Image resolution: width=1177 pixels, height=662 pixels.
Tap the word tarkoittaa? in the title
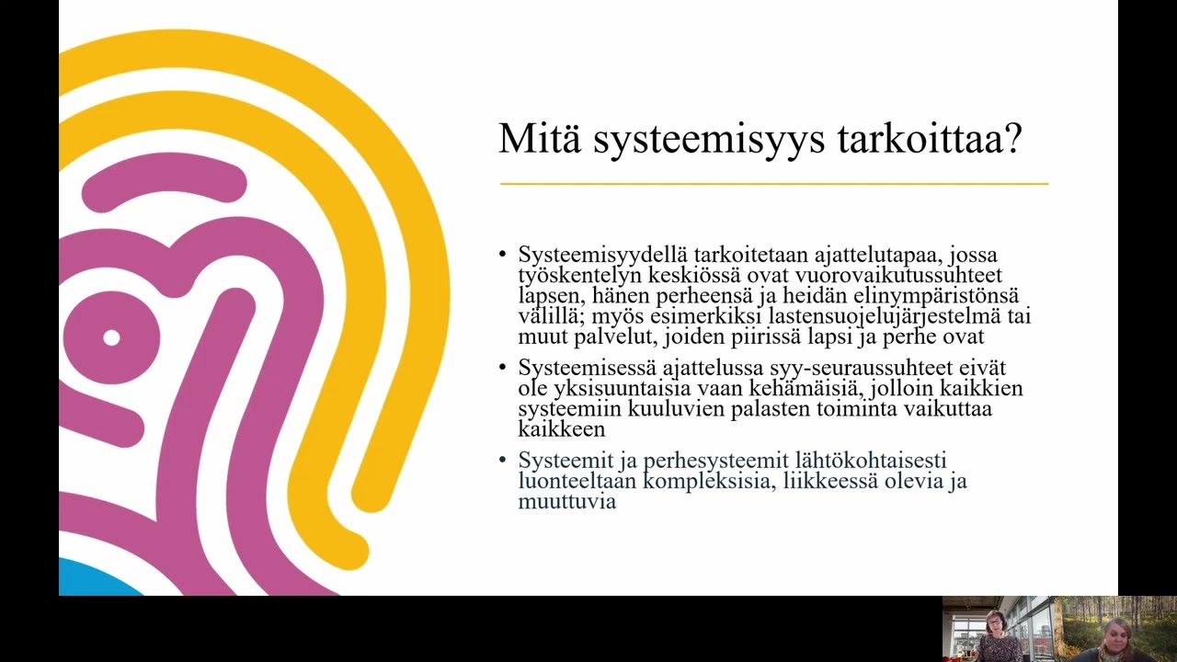point(930,139)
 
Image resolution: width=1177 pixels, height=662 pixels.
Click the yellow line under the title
point(773,184)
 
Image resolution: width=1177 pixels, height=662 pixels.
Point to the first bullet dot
point(502,255)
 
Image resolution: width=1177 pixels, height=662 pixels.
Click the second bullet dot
point(502,368)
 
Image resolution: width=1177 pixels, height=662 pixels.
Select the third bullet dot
point(502,460)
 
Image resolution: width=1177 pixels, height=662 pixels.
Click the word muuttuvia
point(566,501)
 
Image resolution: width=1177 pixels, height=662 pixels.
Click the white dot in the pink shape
point(111,337)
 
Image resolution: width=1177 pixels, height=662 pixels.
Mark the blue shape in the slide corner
point(92,579)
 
